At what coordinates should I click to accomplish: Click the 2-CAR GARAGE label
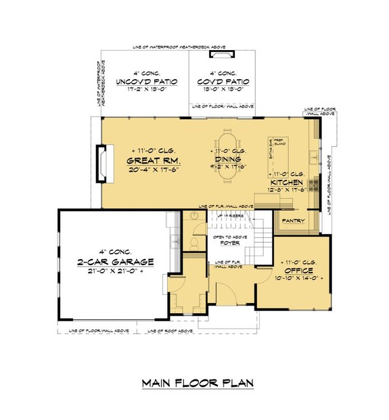click(115, 262)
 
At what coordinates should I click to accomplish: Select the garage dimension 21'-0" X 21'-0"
click(115, 272)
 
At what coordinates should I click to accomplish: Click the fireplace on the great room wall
click(101, 163)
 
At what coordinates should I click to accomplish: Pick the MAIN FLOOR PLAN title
click(198, 383)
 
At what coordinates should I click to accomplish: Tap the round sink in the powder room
click(192, 216)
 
